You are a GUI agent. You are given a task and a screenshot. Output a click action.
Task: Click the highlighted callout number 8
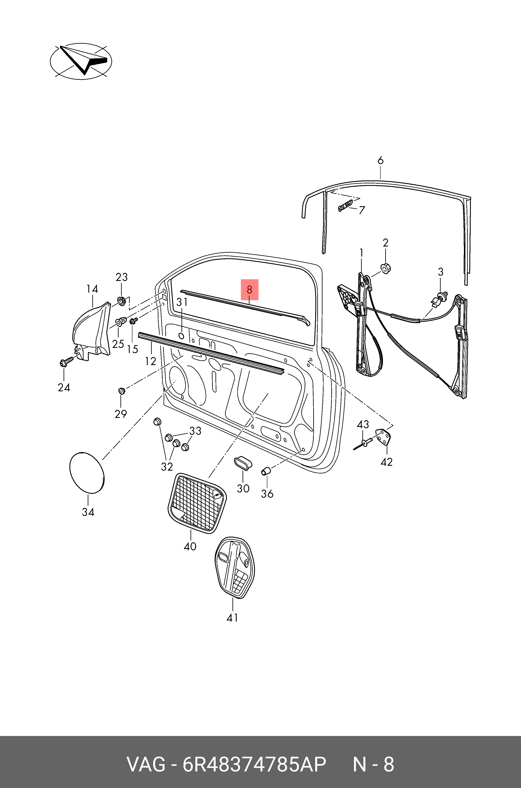[x=249, y=289]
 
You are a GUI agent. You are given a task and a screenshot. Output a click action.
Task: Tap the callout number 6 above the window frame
[x=380, y=160]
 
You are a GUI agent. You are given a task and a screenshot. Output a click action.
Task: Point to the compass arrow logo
[x=81, y=61]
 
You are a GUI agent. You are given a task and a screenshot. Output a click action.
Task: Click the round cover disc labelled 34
[x=87, y=472]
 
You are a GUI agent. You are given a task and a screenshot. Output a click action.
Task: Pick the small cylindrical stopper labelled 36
[x=266, y=471]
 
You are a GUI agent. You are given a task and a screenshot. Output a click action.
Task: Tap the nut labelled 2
[x=385, y=267]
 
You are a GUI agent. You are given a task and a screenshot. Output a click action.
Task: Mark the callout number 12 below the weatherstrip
[x=150, y=361]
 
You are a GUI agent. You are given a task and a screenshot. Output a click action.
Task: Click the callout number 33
[x=195, y=431]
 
